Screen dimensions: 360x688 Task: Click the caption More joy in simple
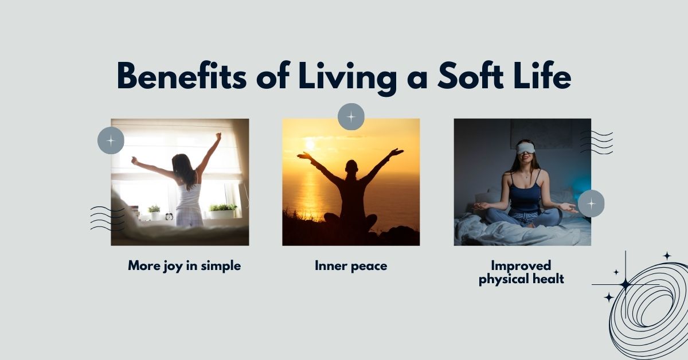pyautogui.click(x=184, y=266)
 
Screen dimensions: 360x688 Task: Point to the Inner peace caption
pyautogui.click(x=350, y=266)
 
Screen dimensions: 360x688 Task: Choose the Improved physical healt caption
pyautogui.click(x=521, y=272)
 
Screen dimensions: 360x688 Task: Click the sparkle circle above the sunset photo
pyautogui.click(x=351, y=117)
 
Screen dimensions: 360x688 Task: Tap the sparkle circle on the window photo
pyautogui.click(x=111, y=140)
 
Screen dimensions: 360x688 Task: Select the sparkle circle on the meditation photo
pyautogui.click(x=591, y=203)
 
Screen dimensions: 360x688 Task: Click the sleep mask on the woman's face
pyautogui.click(x=525, y=148)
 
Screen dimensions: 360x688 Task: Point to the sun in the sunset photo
pyautogui.click(x=310, y=143)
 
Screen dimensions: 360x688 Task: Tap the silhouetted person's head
pyautogui.click(x=352, y=167)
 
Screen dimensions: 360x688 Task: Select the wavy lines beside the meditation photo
pyautogui.click(x=596, y=142)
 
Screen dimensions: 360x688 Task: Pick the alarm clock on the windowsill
pyautogui.click(x=169, y=216)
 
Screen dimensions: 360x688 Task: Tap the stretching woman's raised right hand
pyautogui.click(x=218, y=136)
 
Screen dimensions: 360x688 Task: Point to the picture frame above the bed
pyautogui.click(x=541, y=133)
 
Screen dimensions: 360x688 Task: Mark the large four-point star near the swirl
pyautogui.click(x=625, y=284)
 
